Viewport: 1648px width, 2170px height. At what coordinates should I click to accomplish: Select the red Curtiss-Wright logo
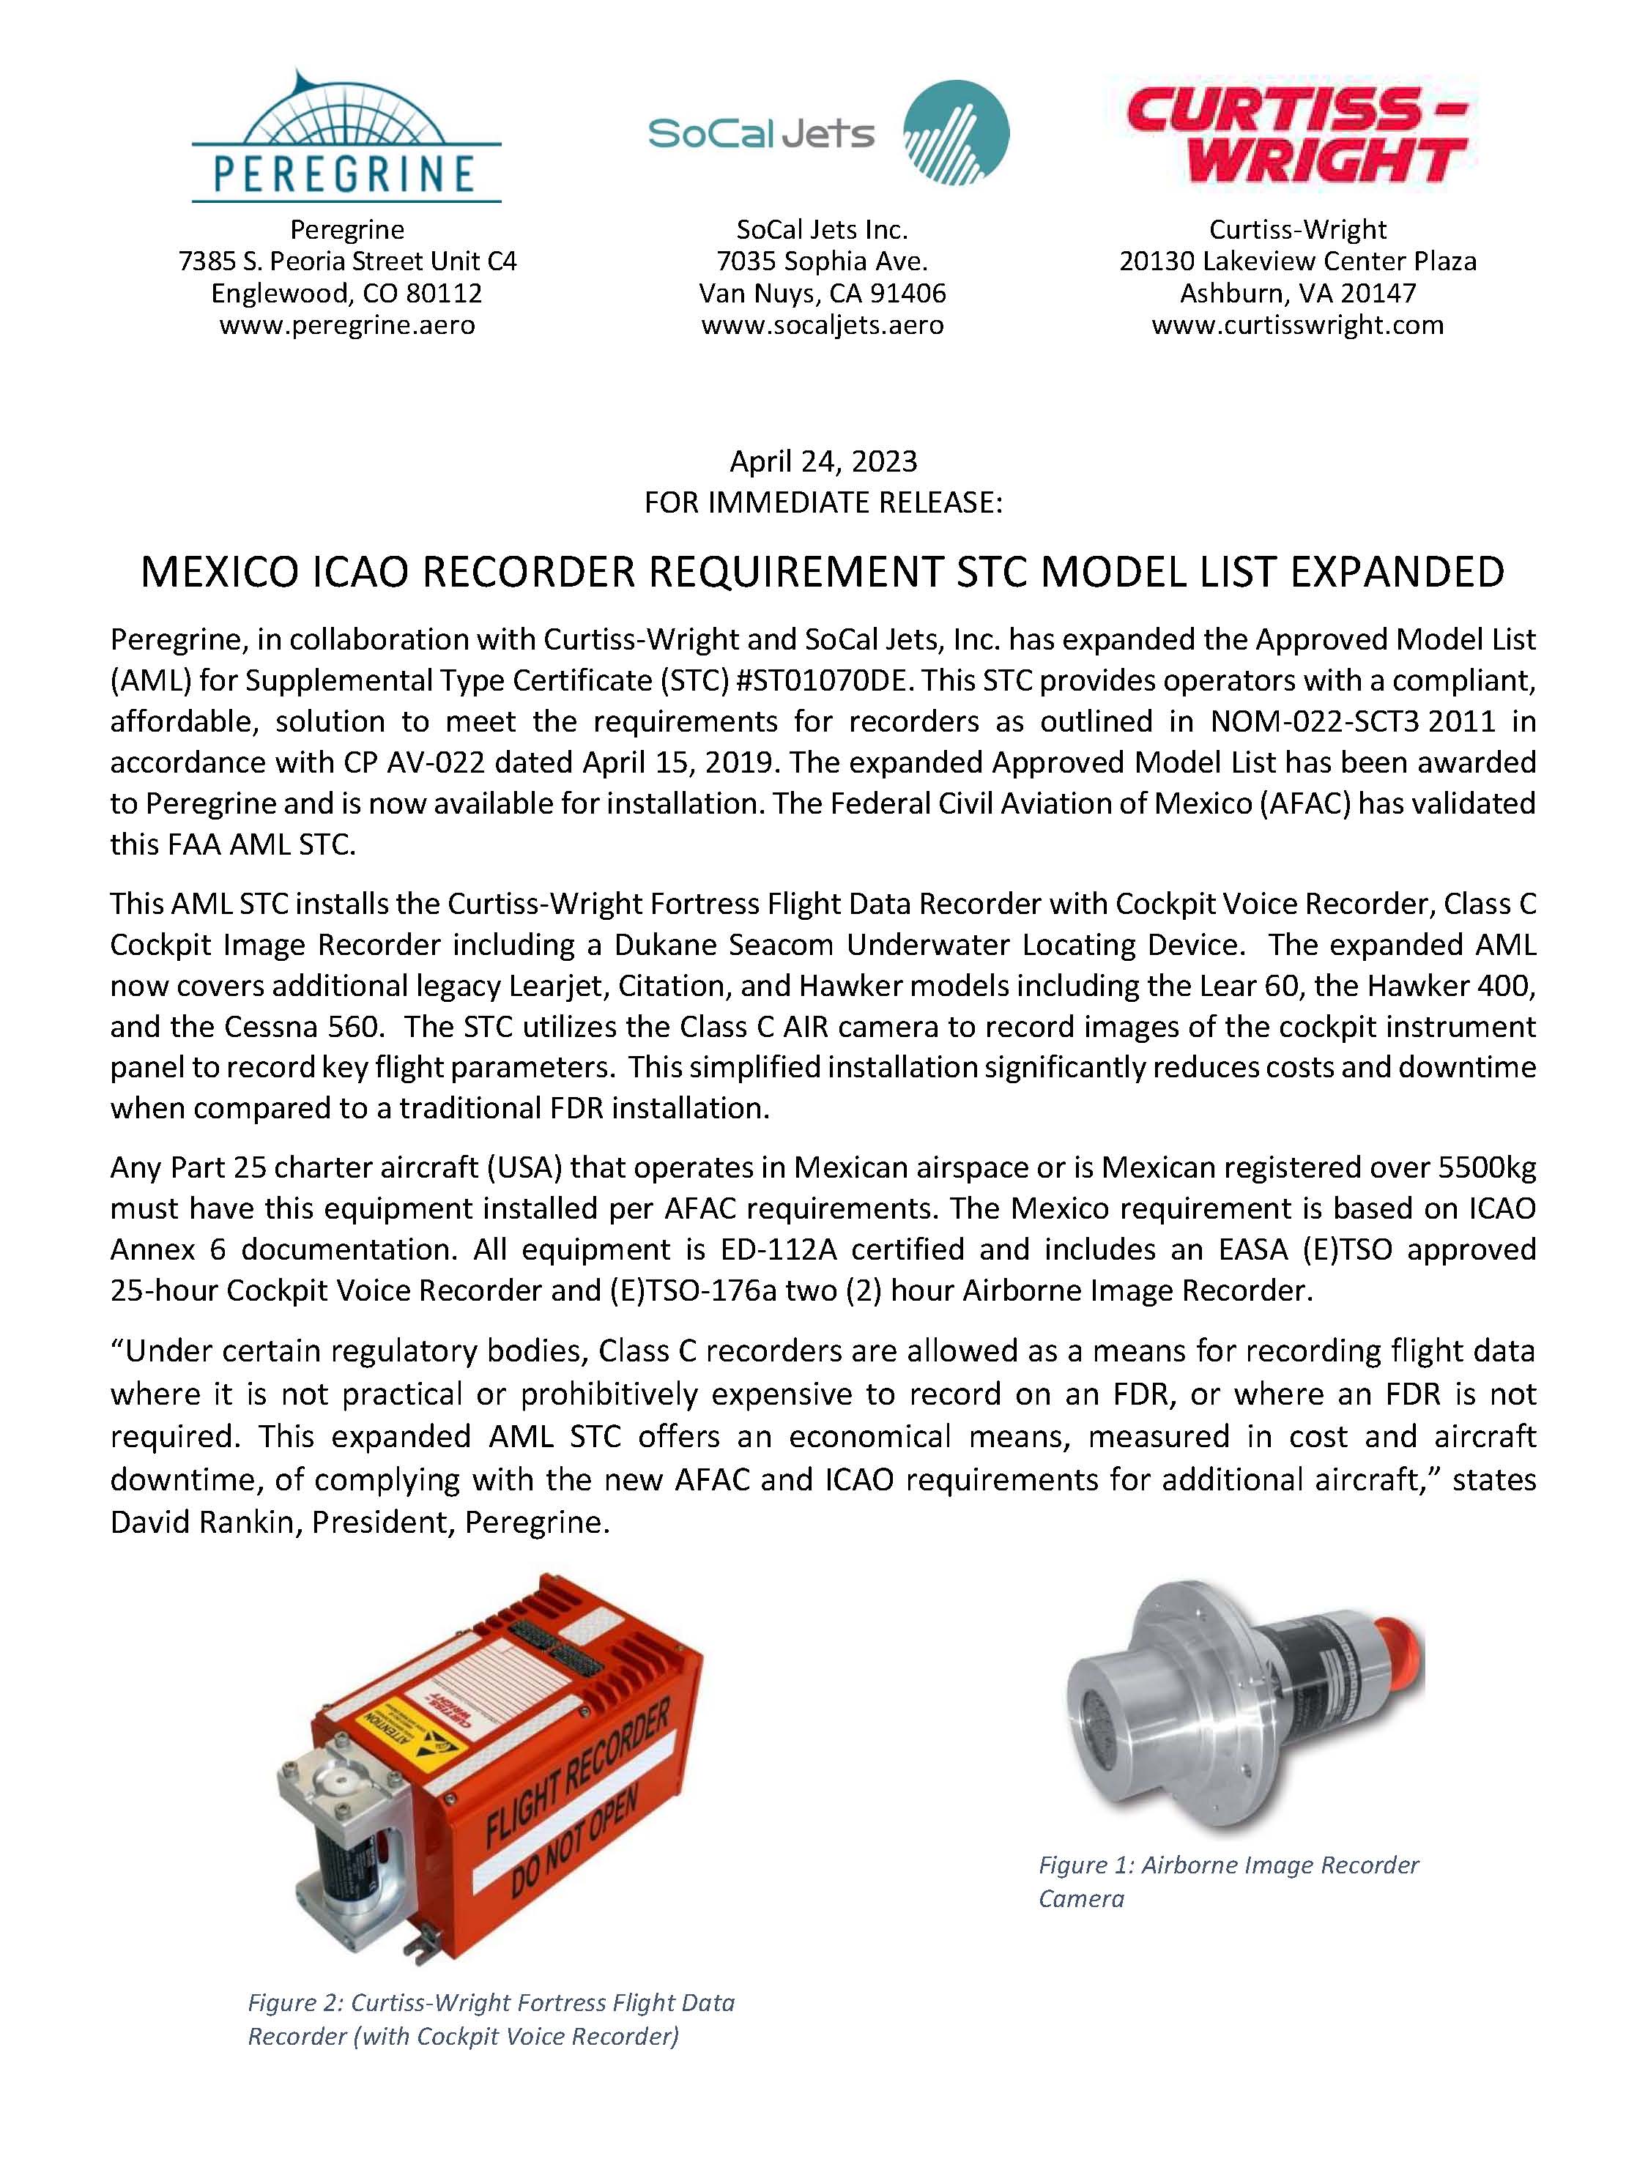click(x=1297, y=135)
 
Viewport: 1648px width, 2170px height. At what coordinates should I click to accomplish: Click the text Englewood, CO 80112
click(x=346, y=294)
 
